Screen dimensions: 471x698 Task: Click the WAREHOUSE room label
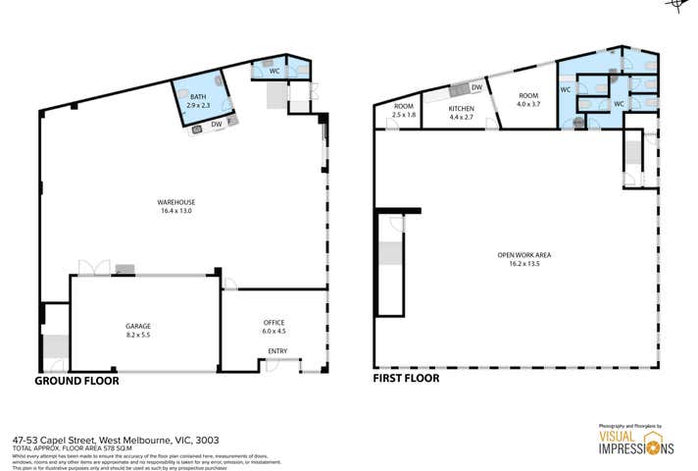pos(175,203)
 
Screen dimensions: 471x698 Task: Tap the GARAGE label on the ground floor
pos(138,326)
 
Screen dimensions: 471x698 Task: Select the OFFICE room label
pos(274,322)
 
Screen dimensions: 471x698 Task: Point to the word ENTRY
pos(277,351)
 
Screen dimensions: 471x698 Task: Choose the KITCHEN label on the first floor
pos(461,108)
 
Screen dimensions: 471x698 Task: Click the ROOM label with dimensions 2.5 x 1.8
pos(404,106)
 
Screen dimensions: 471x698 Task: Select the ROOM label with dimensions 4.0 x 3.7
pos(528,95)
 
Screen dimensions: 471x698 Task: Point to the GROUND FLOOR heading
pos(76,380)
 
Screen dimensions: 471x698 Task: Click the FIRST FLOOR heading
pos(406,378)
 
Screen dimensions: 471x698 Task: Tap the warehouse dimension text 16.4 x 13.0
pos(175,212)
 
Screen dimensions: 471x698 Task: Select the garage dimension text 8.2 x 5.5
pos(138,335)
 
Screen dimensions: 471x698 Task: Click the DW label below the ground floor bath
pos(216,125)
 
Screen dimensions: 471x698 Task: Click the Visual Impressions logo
pos(635,441)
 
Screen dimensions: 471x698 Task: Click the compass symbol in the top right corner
pos(676,5)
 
